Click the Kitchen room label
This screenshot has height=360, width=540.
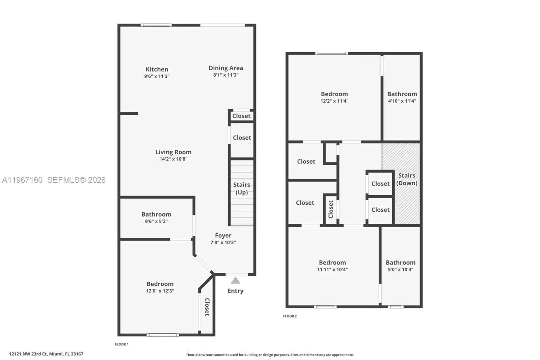click(x=157, y=69)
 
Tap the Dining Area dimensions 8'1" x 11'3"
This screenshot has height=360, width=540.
click(x=226, y=75)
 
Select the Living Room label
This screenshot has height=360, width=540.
click(x=173, y=152)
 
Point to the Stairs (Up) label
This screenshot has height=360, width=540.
click(x=242, y=188)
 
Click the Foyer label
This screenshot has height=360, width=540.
click(x=223, y=235)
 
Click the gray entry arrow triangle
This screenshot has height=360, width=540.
click(x=236, y=281)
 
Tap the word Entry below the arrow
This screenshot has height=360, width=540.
click(x=236, y=291)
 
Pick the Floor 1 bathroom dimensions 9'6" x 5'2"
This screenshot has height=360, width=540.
click(x=156, y=222)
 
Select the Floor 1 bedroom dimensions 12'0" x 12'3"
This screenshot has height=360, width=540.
click(x=160, y=291)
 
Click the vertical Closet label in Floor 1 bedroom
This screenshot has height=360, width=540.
click(x=207, y=307)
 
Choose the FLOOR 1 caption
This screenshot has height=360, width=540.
click(x=122, y=344)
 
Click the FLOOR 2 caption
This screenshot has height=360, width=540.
click(x=290, y=316)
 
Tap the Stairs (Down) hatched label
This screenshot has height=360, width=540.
click(x=407, y=179)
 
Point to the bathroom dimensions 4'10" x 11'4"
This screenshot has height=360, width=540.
click(x=402, y=101)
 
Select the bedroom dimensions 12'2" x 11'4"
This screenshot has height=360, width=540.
click(x=334, y=101)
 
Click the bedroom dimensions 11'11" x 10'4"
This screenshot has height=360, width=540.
click(x=332, y=269)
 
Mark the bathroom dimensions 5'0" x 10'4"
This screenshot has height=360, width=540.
click(x=401, y=269)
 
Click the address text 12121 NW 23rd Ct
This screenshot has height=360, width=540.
click(x=29, y=354)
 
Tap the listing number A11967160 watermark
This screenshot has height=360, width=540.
click(x=22, y=180)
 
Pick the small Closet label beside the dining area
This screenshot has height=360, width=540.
click(x=241, y=116)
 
